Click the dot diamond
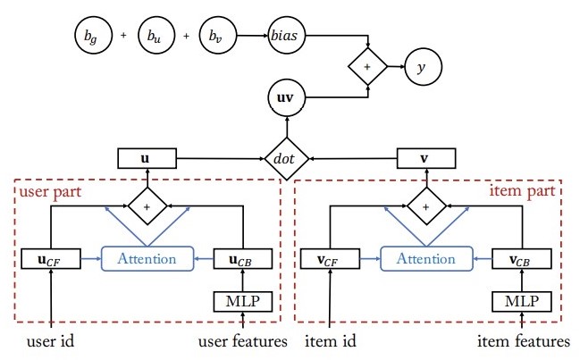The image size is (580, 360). [x=286, y=158]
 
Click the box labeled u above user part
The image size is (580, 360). [x=145, y=158]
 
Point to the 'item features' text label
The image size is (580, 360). [x=522, y=341]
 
